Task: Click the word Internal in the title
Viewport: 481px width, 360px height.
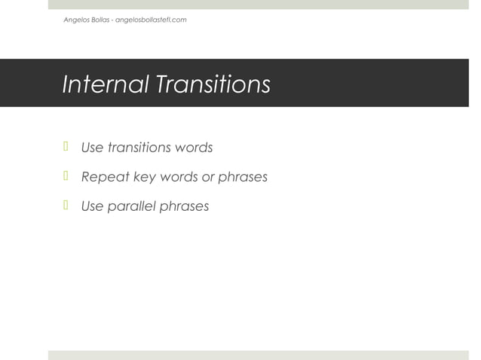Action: pyautogui.click(x=105, y=84)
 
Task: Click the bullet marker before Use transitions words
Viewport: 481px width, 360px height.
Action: pyautogui.click(x=66, y=147)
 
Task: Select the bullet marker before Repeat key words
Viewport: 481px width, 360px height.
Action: pyautogui.click(x=66, y=177)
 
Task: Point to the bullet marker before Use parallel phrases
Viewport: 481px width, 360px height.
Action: pyautogui.click(x=66, y=206)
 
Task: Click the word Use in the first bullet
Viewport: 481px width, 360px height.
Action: pyautogui.click(x=92, y=148)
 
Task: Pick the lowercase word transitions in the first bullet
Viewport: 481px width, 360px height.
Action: pyautogui.click(x=138, y=148)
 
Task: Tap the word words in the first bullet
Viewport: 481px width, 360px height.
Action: pyautogui.click(x=194, y=148)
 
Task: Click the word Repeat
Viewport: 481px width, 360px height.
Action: pyautogui.click(x=105, y=178)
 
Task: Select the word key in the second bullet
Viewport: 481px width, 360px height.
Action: pyautogui.click(x=146, y=178)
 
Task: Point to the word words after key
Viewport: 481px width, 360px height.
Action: pyautogui.click(x=180, y=178)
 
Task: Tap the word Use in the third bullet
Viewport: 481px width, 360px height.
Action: pyautogui.click(x=92, y=206)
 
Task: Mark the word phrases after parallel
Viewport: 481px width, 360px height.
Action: pyautogui.click(x=185, y=206)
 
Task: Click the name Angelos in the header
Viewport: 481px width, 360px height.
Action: pyautogui.click(x=76, y=20)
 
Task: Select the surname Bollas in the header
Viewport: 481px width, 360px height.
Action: pyautogui.click(x=100, y=20)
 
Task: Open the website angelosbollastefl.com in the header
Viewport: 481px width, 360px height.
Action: pyautogui.click(x=151, y=20)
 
